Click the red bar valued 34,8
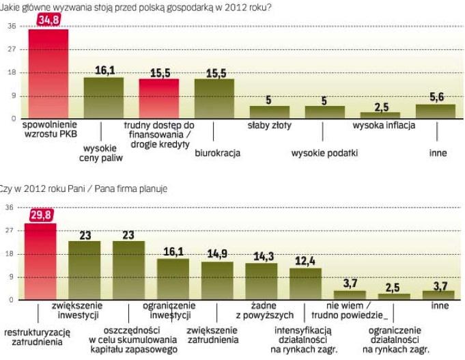48,75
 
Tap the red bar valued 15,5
159,99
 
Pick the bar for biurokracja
214,99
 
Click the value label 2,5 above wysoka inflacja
380,107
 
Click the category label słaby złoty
268,125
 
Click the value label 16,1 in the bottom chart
173,253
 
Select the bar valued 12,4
305,283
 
